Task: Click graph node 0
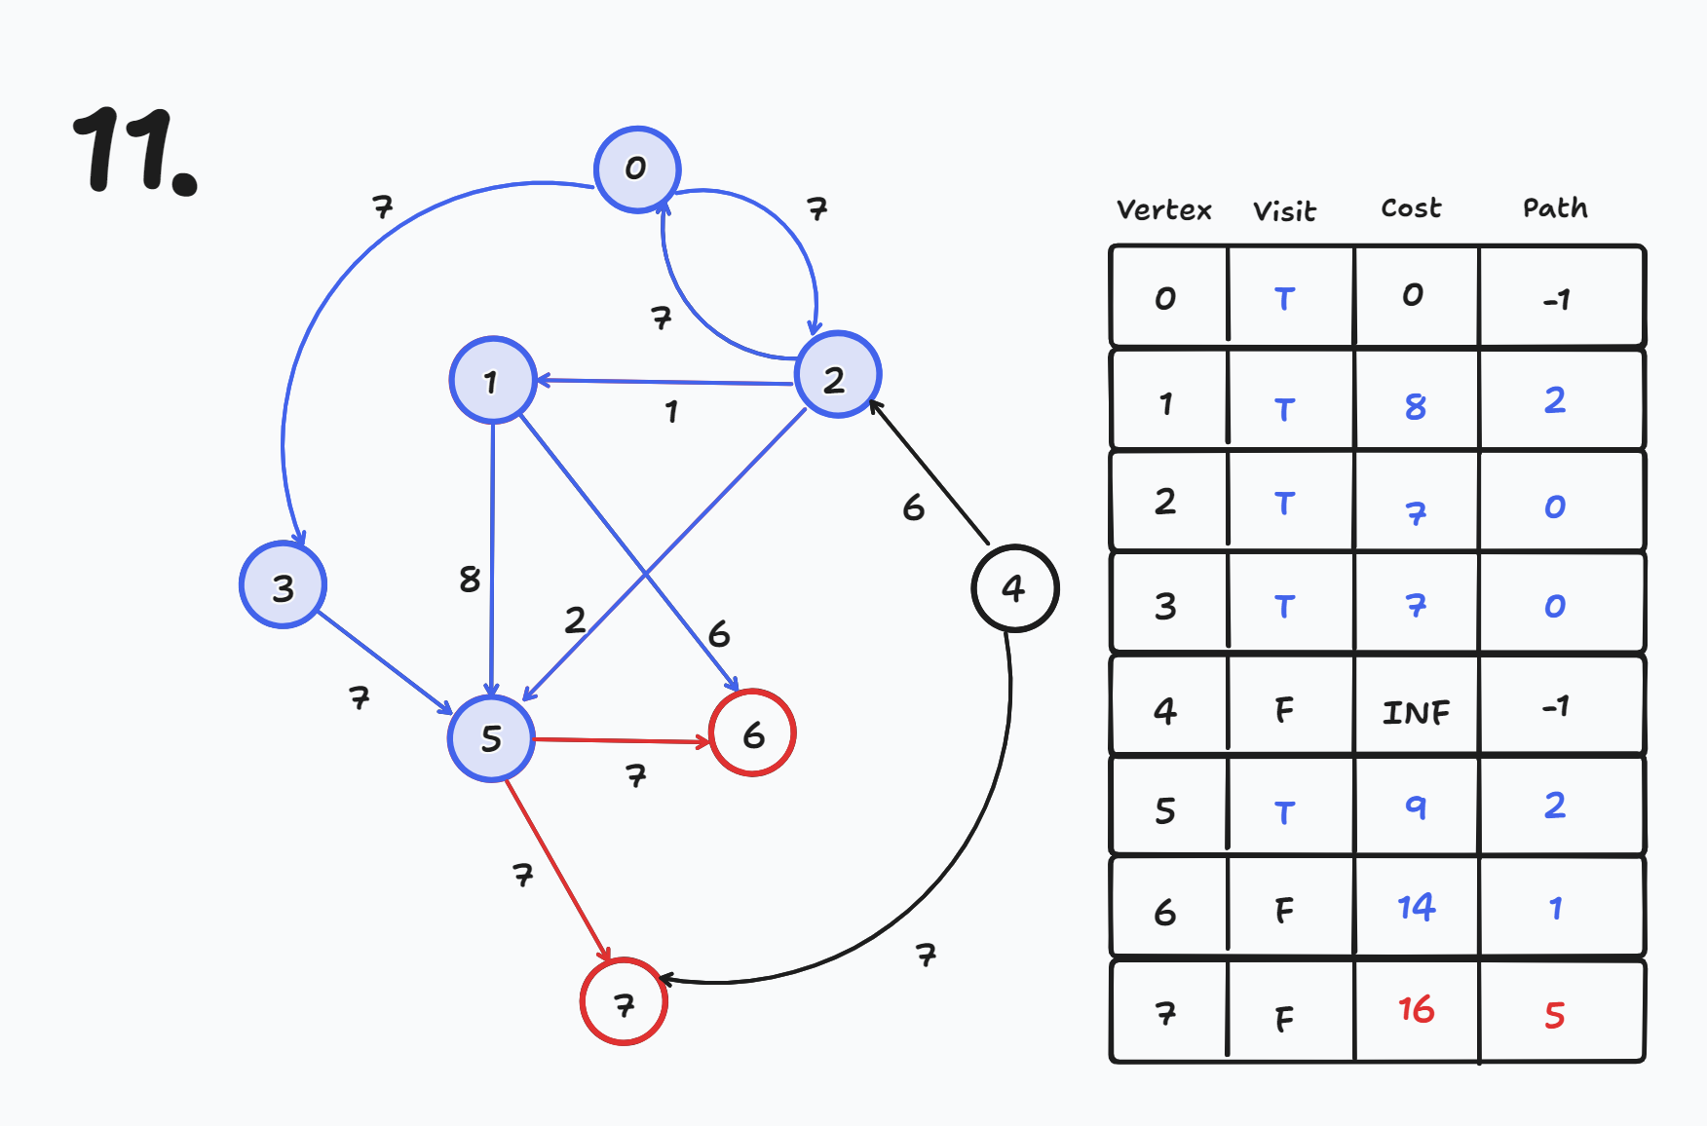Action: [x=637, y=169]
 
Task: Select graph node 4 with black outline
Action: [x=1014, y=588]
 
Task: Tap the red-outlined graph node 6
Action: [x=752, y=733]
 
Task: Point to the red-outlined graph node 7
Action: [x=624, y=1002]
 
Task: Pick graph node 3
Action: [x=283, y=586]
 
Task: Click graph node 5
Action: [x=491, y=738]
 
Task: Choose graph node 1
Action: [x=492, y=381]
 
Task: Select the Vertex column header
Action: [x=1163, y=210]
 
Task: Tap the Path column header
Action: [x=1555, y=208]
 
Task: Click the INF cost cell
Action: [x=1416, y=712]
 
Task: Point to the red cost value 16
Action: [x=1416, y=1010]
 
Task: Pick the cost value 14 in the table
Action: [x=1416, y=908]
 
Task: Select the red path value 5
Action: [x=1555, y=1015]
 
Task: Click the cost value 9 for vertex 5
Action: [x=1416, y=807]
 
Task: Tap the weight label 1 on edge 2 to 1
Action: [x=671, y=412]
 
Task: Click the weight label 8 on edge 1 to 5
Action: [x=470, y=580]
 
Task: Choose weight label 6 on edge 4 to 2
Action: [x=913, y=507]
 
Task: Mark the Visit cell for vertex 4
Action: [x=1285, y=710]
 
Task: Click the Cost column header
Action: [x=1411, y=208]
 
